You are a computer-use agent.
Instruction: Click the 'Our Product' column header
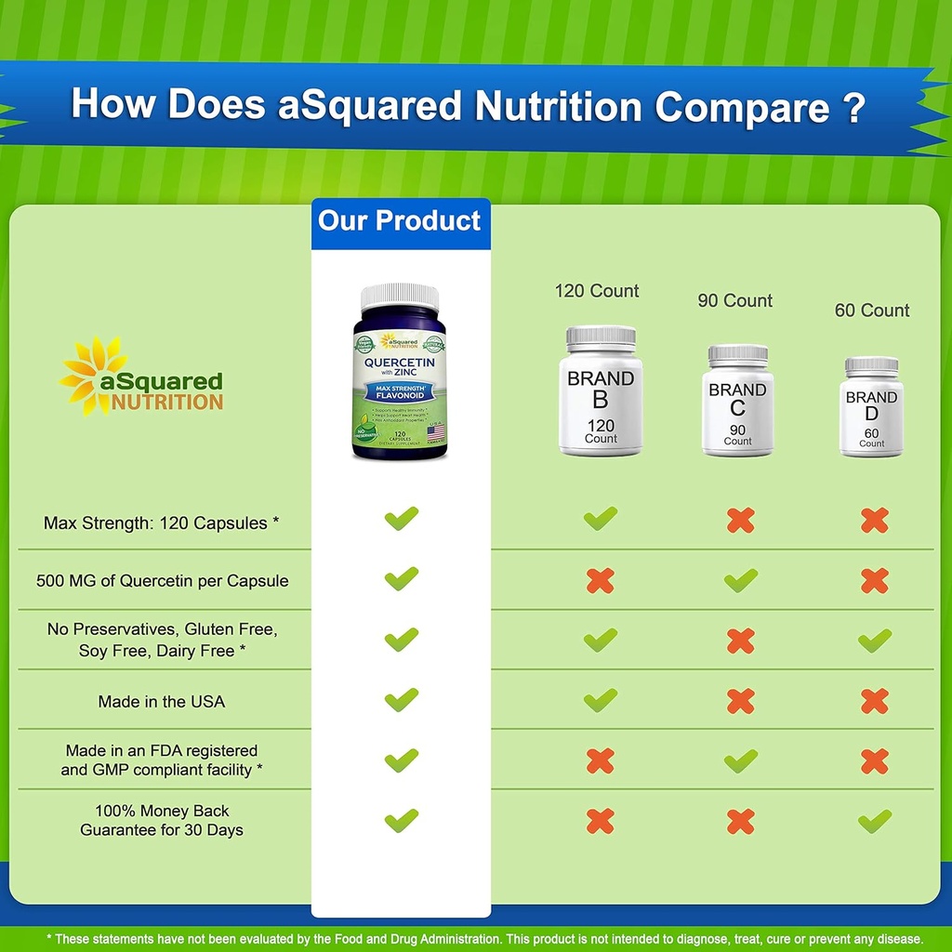click(400, 221)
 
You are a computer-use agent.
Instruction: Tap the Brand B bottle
click(601, 391)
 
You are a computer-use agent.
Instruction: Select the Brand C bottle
click(738, 401)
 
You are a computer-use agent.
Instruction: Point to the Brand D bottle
click(871, 407)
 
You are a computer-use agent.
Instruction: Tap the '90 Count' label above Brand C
click(735, 300)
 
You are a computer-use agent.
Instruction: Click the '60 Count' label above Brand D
click(872, 311)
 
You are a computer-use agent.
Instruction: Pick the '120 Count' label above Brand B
click(597, 291)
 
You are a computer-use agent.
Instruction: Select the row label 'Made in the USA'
click(162, 701)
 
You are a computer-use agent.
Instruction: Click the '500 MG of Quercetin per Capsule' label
click(162, 581)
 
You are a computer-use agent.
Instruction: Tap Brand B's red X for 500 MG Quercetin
click(601, 581)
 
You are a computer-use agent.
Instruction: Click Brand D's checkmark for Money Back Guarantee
click(874, 821)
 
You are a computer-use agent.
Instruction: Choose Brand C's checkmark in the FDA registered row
click(741, 761)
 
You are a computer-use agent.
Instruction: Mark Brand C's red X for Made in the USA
click(741, 701)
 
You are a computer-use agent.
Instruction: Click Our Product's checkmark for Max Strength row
click(402, 519)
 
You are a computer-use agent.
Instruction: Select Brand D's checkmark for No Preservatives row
click(874, 640)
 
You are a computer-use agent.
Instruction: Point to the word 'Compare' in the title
click(742, 108)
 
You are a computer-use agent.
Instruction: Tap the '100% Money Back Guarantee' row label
click(162, 820)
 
